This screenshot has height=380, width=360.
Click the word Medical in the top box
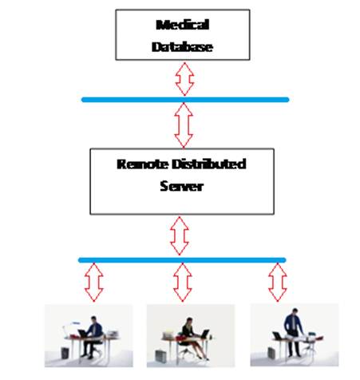(x=183, y=25)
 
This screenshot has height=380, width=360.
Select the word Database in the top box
(x=182, y=47)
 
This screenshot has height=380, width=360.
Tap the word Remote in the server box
(x=143, y=164)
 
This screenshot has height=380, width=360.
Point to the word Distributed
(x=209, y=164)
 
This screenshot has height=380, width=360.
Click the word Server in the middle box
(x=182, y=186)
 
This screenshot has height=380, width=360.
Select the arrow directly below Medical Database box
(x=184, y=79)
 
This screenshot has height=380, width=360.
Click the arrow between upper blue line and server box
(x=184, y=125)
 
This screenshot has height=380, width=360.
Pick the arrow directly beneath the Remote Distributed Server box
(x=180, y=236)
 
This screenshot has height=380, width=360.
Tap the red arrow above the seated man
(x=93, y=283)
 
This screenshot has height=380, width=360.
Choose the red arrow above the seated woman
(x=183, y=283)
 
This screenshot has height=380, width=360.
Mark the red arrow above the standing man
(x=278, y=283)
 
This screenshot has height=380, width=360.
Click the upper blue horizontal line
(x=185, y=100)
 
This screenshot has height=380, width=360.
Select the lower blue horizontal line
(x=182, y=260)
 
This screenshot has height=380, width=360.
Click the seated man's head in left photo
(x=93, y=319)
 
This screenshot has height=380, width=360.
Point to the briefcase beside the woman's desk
(x=160, y=356)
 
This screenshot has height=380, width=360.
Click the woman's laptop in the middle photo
(x=205, y=334)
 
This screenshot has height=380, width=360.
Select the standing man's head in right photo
(x=295, y=311)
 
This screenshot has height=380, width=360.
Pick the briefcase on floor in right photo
(x=272, y=353)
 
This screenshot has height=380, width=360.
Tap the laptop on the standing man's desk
(x=278, y=336)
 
